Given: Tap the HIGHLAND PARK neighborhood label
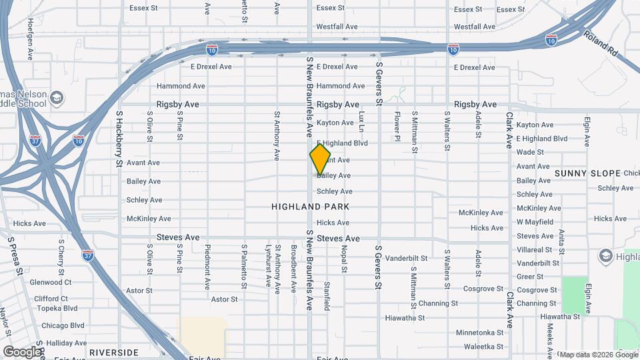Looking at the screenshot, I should point(311,207).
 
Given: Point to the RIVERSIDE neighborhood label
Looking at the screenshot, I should point(113,352).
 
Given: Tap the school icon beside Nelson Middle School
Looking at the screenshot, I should point(57,98).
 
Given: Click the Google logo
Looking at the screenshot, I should point(22,351).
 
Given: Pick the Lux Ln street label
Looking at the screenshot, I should point(362,121).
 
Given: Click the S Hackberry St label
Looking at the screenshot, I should point(120,139).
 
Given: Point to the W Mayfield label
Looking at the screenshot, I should point(535,222).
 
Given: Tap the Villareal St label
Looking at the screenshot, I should point(535,250).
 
